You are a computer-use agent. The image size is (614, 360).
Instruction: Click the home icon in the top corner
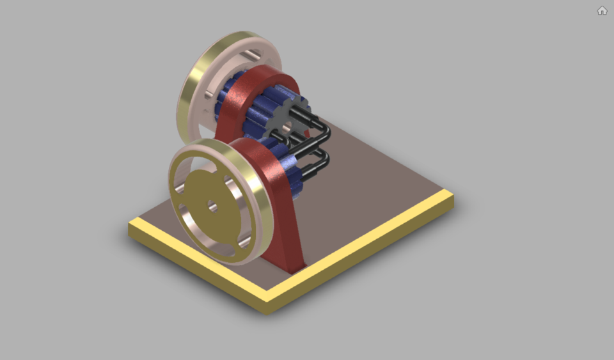(x=602, y=10)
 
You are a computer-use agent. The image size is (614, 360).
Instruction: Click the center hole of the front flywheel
(x=212, y=207)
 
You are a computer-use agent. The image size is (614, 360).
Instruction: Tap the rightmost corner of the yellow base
(x=453, y=198)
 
